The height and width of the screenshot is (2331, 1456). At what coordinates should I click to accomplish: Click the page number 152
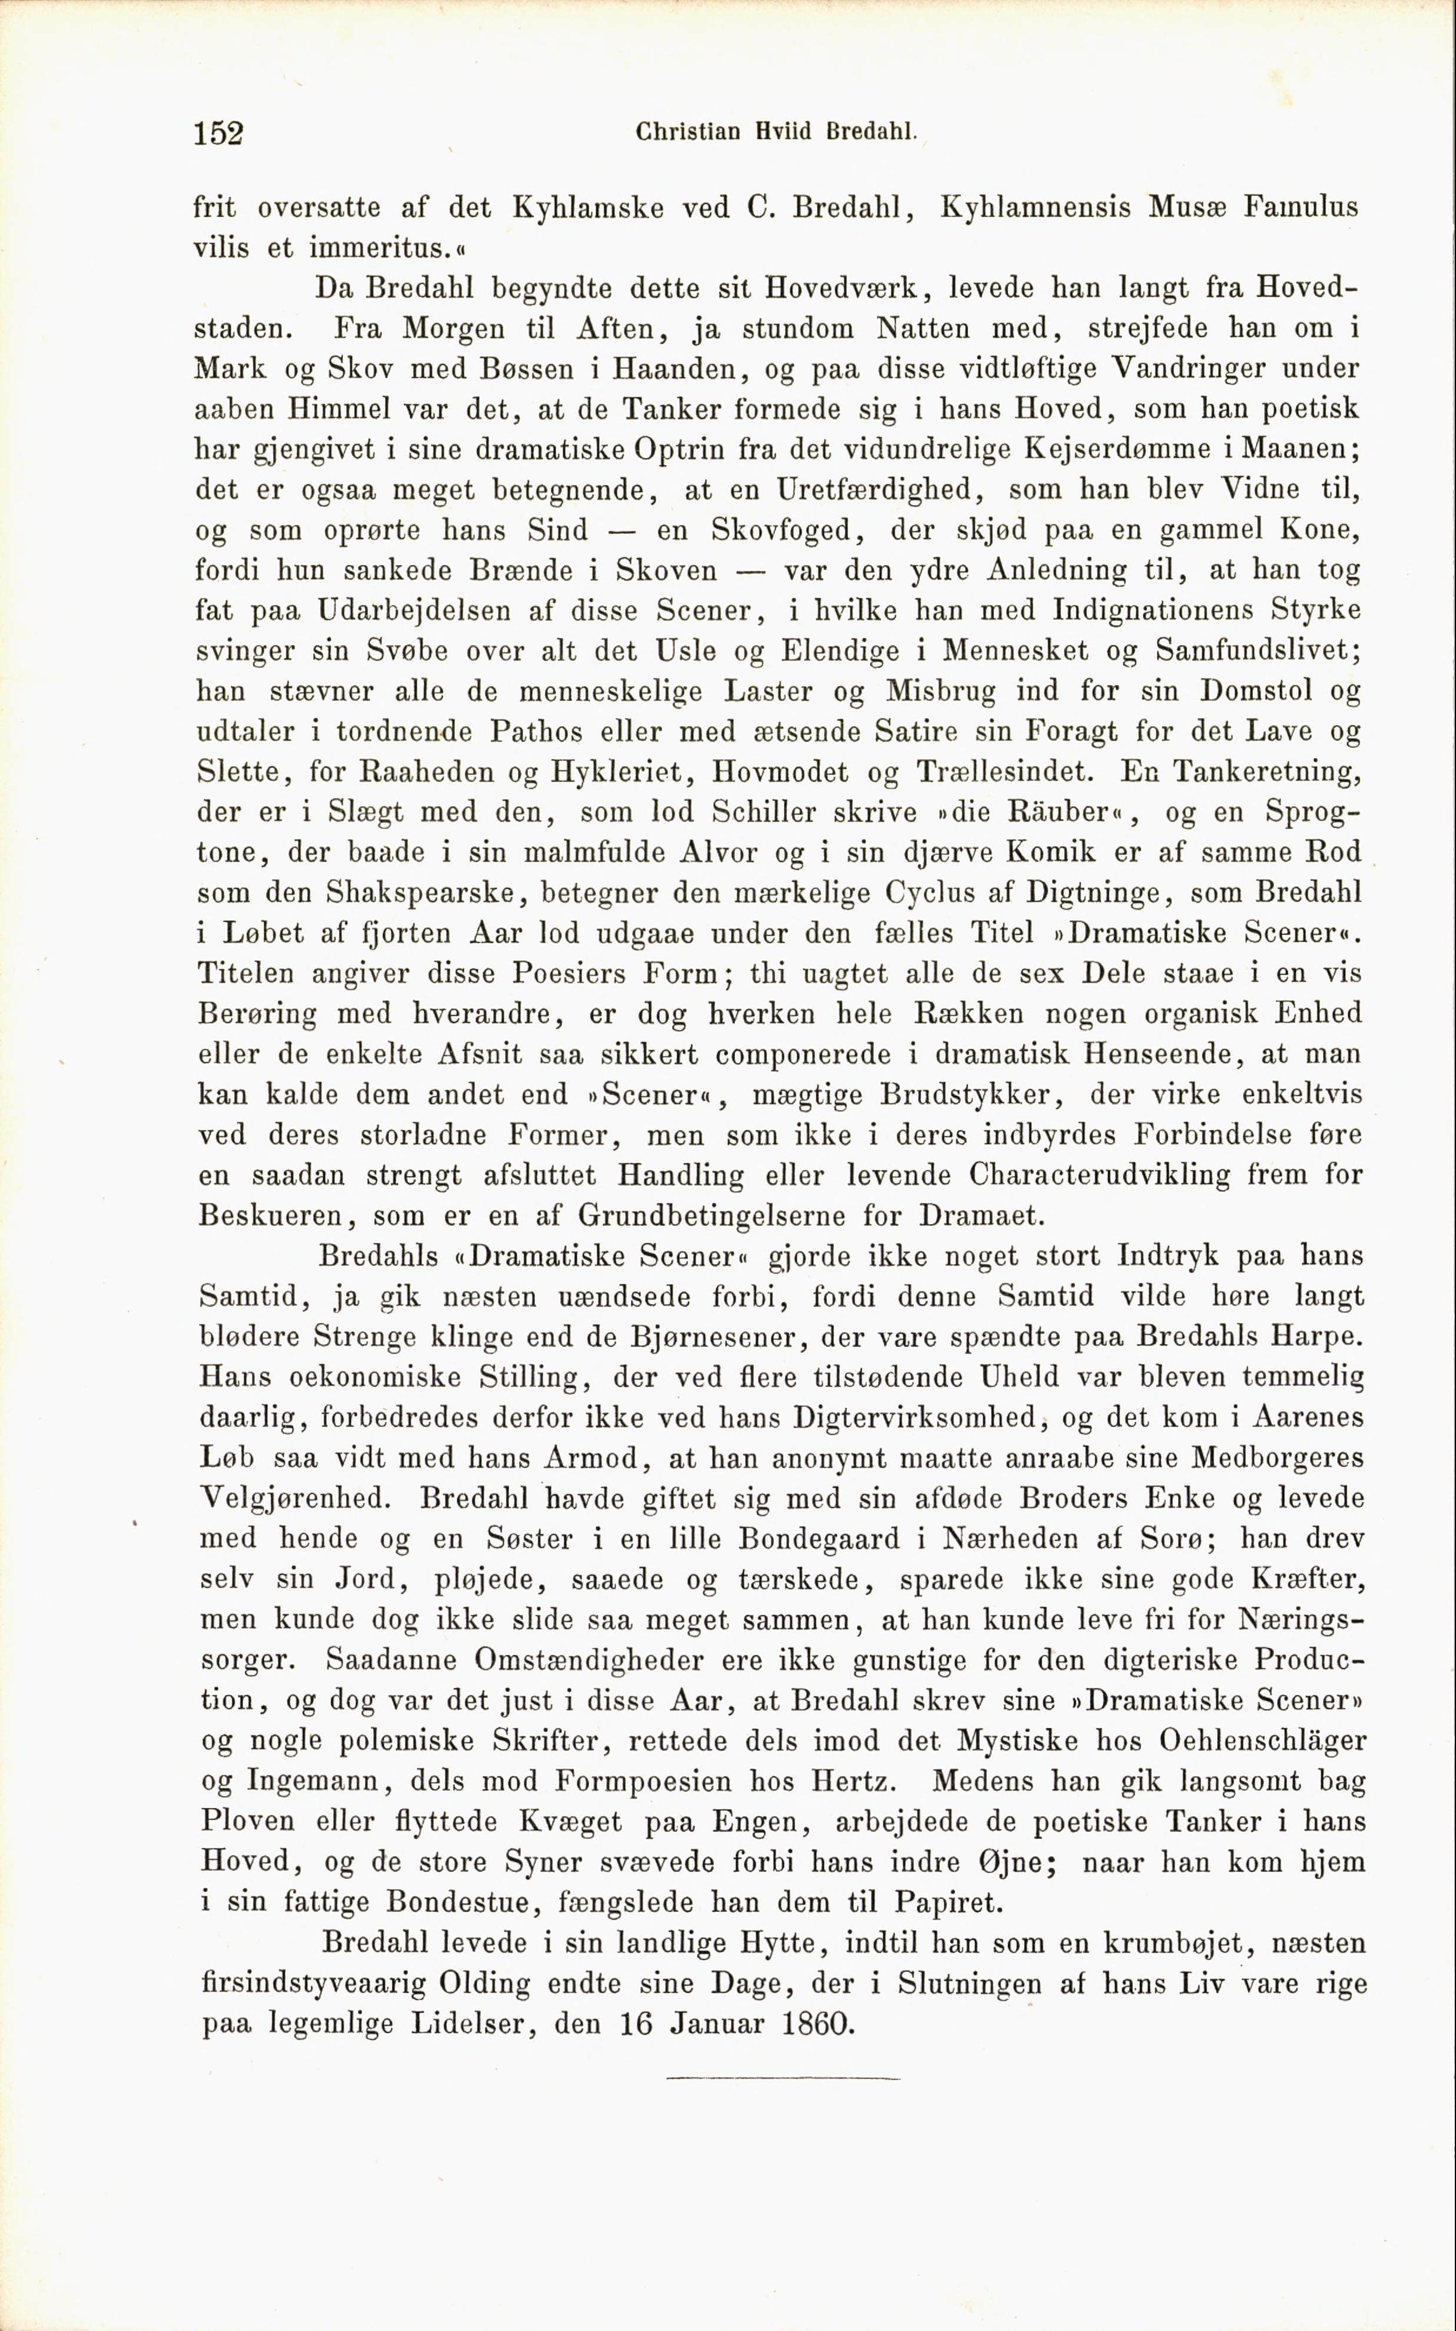click(x=218, y=133)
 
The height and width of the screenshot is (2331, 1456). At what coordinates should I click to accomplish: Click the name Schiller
click(x=766, y=812)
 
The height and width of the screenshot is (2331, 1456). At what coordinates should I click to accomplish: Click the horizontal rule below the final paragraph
click(x=782, y=2078)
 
